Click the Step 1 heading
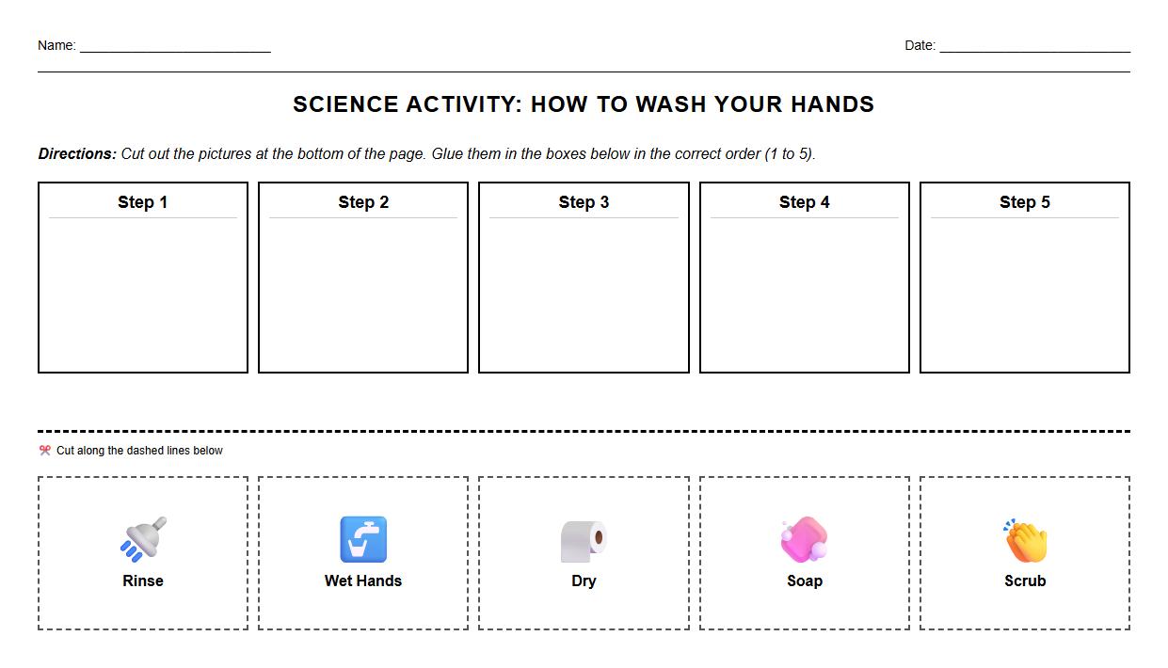click(142, 202)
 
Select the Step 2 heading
click(363, 202)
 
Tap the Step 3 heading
click(584, 202)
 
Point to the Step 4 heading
click(804, 202)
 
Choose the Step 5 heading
click(1024, 202)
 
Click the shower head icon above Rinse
click(143, 538)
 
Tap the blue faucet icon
click(363, 539)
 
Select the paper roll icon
click(584, 541)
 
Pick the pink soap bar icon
click(804, 539)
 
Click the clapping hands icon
click(1025, 540)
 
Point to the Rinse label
click(143, 581)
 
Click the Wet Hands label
click(363, 581)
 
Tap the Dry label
click(584, 581)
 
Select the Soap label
click(805, 581)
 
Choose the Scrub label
click(1025, 581)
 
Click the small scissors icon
click(44, 451)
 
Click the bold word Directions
click(77, 154)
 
